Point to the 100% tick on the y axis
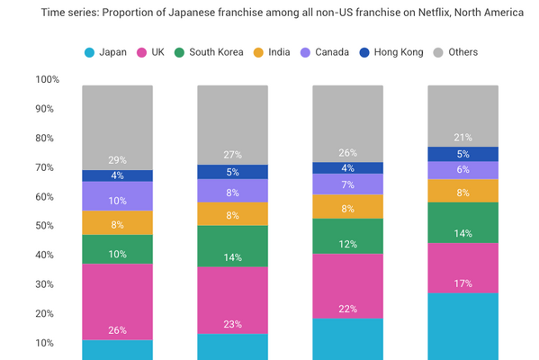click(x=48, y=79)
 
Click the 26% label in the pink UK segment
click(x=117, y=330)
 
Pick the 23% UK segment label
click(x=232, y=326)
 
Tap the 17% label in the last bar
click(x=463, y=283)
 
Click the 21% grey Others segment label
click(x=463, y=137)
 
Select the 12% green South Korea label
click(x=347, y=245)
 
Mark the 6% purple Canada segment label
click(x=463, y=170)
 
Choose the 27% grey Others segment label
click(x=232, y=154)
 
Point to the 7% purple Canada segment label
click(x=347, y=184)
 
